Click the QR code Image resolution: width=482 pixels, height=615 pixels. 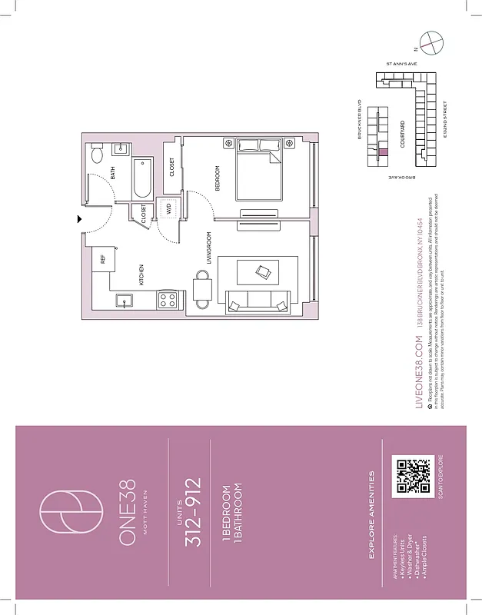click(x=411, y=475)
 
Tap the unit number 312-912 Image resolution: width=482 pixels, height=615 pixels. click(x=194, y=513)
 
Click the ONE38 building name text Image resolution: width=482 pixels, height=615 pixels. click(x=128, y=513)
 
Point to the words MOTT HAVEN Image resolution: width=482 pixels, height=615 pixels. click(x=156, y=513)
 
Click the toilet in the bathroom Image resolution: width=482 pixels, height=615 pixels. click(x=97, y=155)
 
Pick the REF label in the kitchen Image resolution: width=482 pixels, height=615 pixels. click(x=103, y=260)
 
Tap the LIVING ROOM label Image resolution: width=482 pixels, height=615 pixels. click(x=209, y=248)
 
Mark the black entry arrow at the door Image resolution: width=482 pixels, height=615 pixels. click(x=79, y=219)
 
